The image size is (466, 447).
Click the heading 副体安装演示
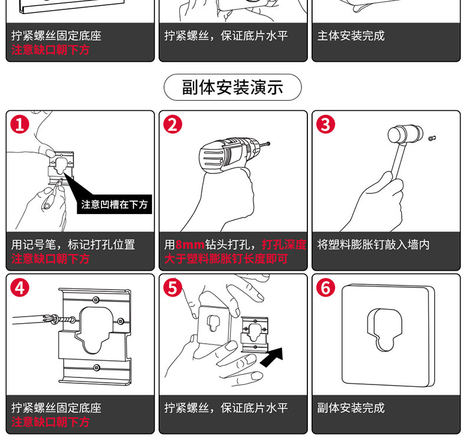232,87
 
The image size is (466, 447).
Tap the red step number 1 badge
20,124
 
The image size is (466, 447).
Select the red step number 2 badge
173,124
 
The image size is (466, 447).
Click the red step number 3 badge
326,124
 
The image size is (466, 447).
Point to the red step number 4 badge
20,288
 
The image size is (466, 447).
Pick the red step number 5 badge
173,288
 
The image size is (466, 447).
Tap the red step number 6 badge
326,288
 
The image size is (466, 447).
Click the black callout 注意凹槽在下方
114,205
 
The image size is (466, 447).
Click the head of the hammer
405,134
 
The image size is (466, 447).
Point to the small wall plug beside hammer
432,138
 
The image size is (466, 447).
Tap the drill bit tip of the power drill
269,144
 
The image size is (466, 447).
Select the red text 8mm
190,245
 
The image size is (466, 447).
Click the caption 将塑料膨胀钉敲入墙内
373,245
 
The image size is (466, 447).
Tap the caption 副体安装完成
351,407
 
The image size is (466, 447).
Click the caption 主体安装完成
351,35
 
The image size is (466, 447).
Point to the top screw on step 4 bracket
96,300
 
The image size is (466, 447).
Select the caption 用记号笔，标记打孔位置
73,245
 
